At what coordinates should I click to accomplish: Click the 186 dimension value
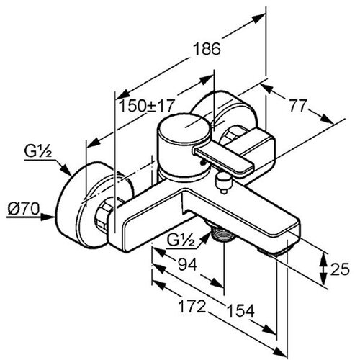point(207,49)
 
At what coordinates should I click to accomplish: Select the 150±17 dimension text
point(146,106)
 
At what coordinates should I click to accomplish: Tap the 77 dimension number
point(298,106)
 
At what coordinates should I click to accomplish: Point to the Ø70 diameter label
point(23,209)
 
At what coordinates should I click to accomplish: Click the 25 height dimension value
point(340,269)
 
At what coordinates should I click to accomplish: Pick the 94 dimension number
point(188,264)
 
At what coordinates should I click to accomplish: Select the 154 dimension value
point(240,311)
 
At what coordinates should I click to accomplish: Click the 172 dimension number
point(192,307)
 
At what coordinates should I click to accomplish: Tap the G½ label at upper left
point(38,151)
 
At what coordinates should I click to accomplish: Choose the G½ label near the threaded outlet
point(181,241)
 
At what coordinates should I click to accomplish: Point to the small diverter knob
point(223,181)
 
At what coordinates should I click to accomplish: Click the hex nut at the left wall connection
point(104,215)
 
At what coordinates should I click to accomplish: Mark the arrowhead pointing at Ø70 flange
point(49,217)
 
